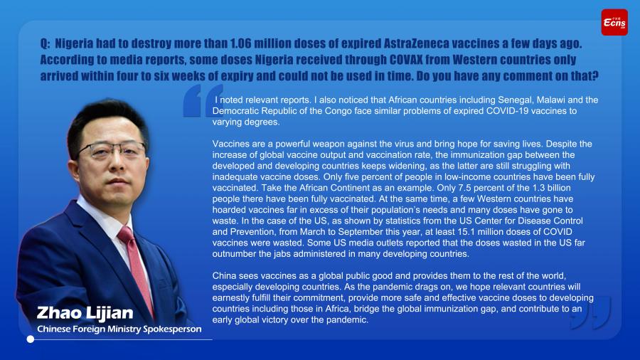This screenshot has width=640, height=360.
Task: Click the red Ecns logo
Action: click(614, 23)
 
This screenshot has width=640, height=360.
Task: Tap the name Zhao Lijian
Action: click(85, 313)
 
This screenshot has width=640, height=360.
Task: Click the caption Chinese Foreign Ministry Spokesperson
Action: click(119, 329)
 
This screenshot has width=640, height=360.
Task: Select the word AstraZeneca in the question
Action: click(416, 43)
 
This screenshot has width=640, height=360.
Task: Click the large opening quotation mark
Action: click(203, 101)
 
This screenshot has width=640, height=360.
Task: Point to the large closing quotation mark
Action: click(591, 312)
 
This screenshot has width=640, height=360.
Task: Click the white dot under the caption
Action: click(30, 339)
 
